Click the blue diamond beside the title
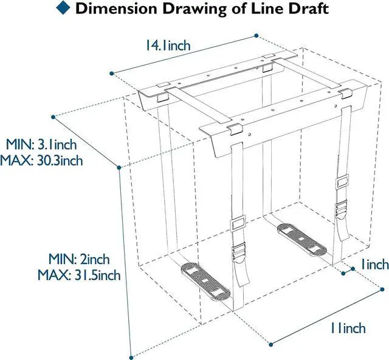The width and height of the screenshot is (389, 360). click(x=63, y=7)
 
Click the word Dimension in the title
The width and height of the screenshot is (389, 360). click(x=116, y=9)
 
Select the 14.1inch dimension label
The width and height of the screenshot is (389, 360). click(x=168, y=46)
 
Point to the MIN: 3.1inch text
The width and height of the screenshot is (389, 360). click(x=41, y=144)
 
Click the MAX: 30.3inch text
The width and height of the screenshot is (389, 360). click(x=41, y=161)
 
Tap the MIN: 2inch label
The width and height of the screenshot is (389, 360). click(x=79, y=259)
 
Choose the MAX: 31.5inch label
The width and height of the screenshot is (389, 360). click(x=79, y=275)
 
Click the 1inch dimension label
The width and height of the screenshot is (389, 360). click(x=374, y=264)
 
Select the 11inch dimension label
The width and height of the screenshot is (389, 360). click(x=348, y=328)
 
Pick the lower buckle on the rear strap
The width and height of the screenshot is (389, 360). click(x=342, y=210)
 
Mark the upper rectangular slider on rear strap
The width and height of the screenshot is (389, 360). click(x=342, y=182)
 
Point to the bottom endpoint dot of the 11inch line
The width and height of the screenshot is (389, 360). click(x=271, y=344)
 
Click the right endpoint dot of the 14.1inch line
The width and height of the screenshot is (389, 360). click(x=256, y=36)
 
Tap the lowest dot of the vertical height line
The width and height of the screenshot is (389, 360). click(x=131, y=358)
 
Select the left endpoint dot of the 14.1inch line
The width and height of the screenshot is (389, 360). click(x=112, y=74)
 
